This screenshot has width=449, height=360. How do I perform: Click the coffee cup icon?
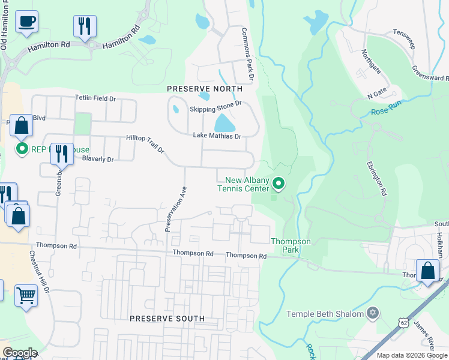pyautogui.click(x=26, y=22)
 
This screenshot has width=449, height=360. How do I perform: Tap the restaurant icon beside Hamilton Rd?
pyautogui.click(x=85, y=26)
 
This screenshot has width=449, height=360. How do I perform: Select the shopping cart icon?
pyautogui.click(x=26, y=295)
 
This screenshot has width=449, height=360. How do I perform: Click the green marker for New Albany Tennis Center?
pyautogui.click(x=279, y=182)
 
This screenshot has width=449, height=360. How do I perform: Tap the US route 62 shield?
pyautogui.click(x=403, y=323)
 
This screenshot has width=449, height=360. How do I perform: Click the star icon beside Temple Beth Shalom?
pyautogui.click(x=372, y=314)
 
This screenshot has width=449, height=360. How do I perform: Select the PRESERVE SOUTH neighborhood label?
pyautogui.click(x=167, y=319)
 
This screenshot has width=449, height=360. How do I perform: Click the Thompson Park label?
pyautogui.click(x=291, y=246)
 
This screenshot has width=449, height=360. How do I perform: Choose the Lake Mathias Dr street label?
pyautogui.click(x=217, y=136)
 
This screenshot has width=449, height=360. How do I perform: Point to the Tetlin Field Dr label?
pyautogui.click(x=95, y=97)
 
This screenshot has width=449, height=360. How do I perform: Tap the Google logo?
pyautogui.click(x=20, y=352)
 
